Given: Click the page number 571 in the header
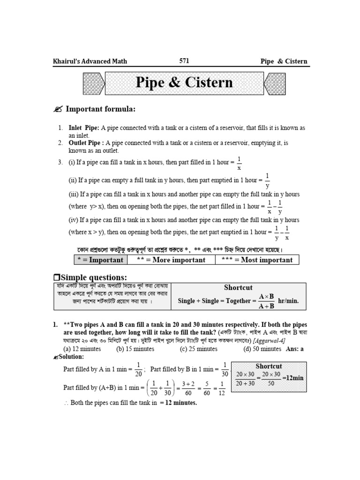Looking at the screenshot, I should [184, 60].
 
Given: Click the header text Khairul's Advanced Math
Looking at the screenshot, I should [90, 61].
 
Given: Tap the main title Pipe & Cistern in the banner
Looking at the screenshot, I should [184, 83].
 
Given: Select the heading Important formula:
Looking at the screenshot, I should [100, 109].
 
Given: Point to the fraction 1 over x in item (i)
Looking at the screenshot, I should [239, 163].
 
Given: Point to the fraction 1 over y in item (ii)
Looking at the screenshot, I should [267, 180].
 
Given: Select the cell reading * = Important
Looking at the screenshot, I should [100, 260].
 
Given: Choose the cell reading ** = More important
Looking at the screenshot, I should [171, 260].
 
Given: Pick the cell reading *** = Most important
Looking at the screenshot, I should [257, 260].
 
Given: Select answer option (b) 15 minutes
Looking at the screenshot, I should [135, 349].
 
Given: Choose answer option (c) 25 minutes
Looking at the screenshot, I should [198, 349].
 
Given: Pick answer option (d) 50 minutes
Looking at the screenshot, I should [262, 349].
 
